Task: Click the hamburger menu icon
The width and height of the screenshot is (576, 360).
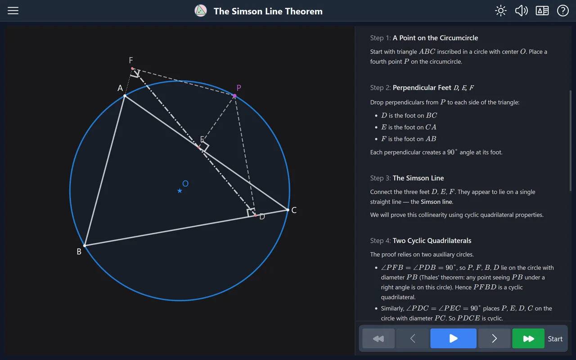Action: [x=13, y=11]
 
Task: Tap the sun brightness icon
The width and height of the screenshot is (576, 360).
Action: [x=501, y=11]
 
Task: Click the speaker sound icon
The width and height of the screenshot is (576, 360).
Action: [x=521, y=11]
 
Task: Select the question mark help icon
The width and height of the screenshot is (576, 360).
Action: [x=562, y=11]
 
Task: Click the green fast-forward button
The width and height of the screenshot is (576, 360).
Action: [x=528, y=338]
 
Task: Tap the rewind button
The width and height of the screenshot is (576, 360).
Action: [x=378, y=338]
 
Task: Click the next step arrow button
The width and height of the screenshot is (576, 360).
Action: [x=494, y=338]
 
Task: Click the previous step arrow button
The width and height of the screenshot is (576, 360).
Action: [x=413, y=338]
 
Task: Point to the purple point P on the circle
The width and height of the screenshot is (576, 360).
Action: [x=234, y=96]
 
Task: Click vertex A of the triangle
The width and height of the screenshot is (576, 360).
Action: [x=125, y=96]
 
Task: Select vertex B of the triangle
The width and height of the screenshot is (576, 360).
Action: [x=85, y=246]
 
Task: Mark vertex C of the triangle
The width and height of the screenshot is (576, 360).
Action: [x=288, y=210]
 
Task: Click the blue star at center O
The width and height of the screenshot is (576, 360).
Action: [x=180, y=191]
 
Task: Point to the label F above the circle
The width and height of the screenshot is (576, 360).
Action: [x=131, y=60]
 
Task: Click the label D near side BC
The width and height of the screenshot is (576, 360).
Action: [x=262, y=217]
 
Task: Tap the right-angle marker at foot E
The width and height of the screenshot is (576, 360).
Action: [x=205, y=146]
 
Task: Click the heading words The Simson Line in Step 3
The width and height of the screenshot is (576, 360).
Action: [x=418, y=178]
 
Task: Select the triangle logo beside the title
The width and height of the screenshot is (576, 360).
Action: [x=201, y=11]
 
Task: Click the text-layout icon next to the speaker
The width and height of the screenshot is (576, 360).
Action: [x=542, y=11]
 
